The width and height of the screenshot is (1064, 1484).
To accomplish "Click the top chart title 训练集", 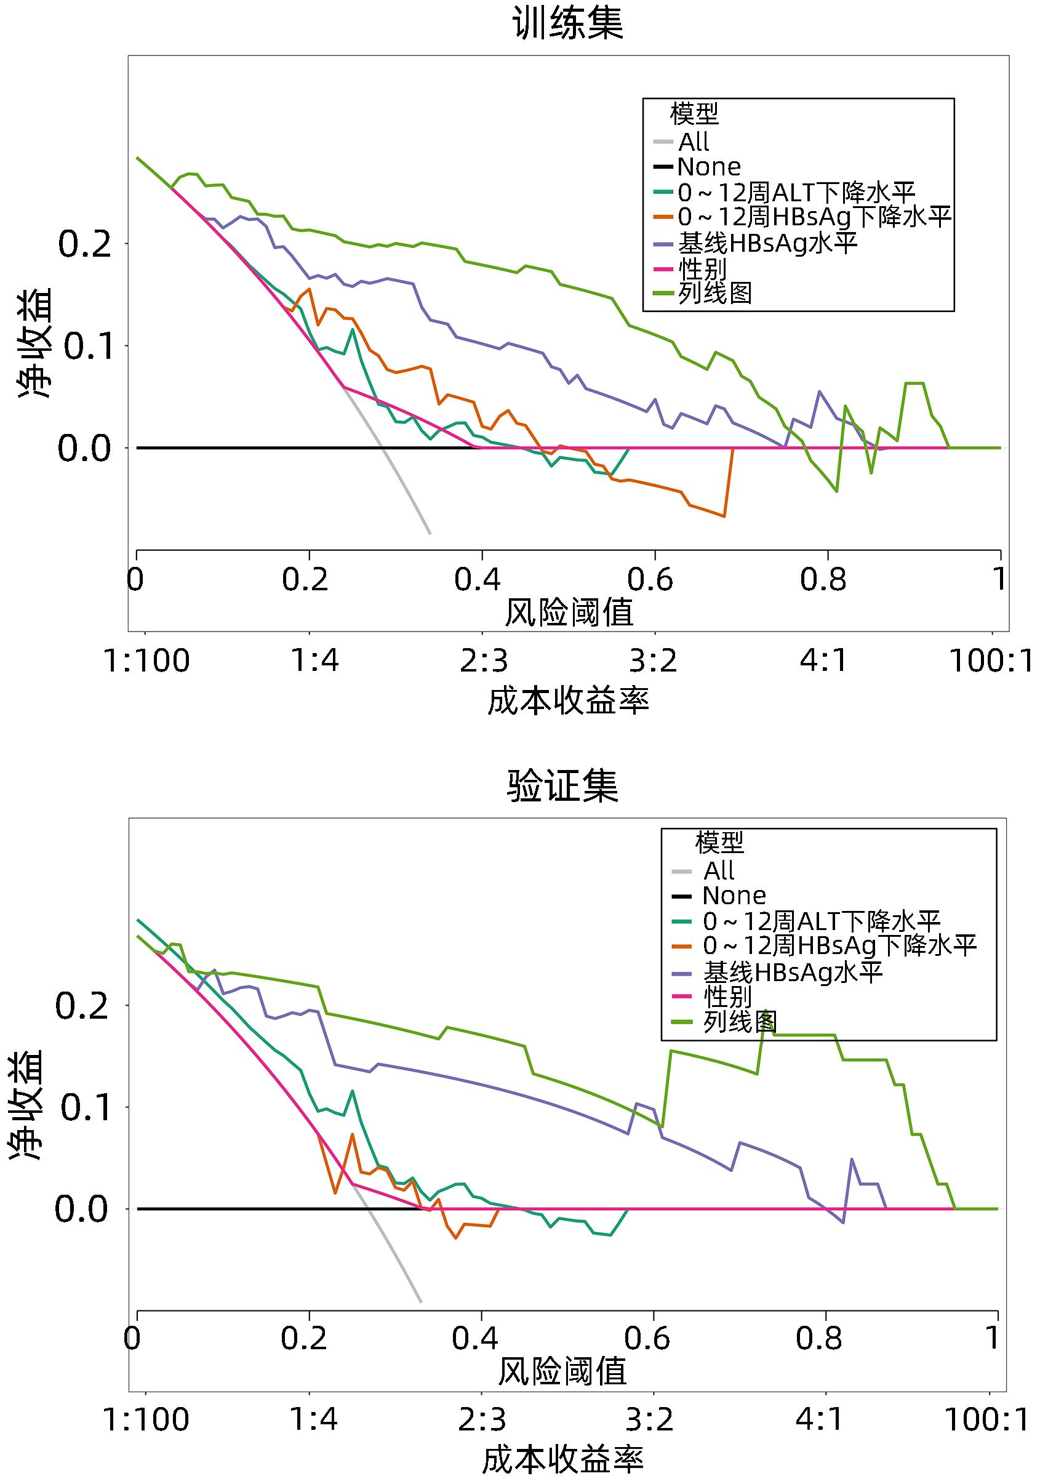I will tap(568, 24).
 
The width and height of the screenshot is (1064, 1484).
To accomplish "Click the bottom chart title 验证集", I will tap(562, 786).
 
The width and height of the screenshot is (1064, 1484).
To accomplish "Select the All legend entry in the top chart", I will tap(694, 142).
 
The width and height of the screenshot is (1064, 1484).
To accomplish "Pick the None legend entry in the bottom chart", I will tap(734, 895).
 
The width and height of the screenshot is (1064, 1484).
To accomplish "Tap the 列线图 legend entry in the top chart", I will tap(714, 293).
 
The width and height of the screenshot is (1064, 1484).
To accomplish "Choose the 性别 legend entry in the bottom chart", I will tap(727, 997).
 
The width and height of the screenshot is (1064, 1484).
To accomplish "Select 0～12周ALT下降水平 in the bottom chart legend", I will tap(821, 921).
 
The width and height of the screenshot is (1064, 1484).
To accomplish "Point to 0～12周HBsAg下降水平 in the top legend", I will tap(814, 217).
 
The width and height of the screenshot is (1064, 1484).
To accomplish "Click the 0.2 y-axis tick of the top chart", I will tap(84, 245).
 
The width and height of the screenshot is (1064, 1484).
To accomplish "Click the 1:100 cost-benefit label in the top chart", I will tap(147, 661).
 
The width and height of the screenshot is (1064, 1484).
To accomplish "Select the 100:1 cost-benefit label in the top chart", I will tap(991, 661).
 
